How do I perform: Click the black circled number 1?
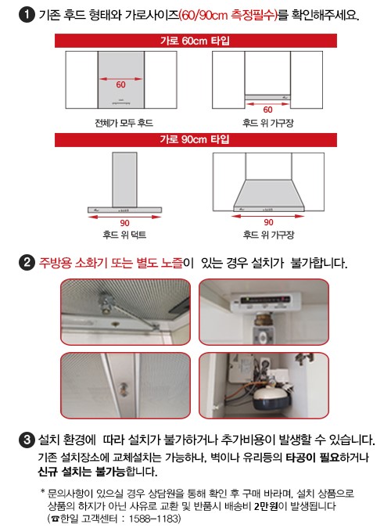pos(27,15)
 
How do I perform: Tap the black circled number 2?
pos(27,263)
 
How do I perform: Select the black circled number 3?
pos(27,440)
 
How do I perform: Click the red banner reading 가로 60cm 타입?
pos(195,41)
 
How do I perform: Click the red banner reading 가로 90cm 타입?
pos(195,140)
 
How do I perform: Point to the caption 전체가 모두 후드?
pos(124,123)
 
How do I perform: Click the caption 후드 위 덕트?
pos(124,235)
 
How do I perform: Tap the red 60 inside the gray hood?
pos(121,84)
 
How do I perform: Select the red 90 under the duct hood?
pos(124,223)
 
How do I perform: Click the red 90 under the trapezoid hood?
pos(268,222)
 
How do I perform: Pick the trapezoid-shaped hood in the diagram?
pos(269,196)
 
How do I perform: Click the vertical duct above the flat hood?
pos(124,179)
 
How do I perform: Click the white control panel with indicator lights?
pos(266,301)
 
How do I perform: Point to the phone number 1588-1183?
pos(153,519)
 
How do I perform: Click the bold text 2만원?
pos(266,506)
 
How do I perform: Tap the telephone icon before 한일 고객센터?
pos(56,519)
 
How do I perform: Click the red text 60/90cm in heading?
pos(204,15)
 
